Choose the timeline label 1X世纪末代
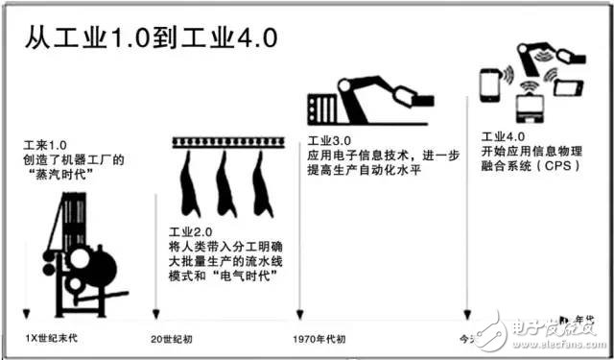[49, 337]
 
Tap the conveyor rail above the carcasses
[226, 143]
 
